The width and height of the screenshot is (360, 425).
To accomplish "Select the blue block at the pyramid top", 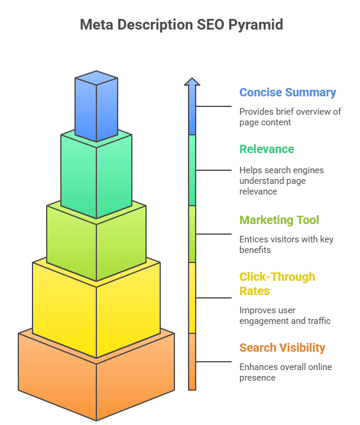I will click(96, 106).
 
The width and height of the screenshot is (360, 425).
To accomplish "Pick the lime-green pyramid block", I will click(96, 242).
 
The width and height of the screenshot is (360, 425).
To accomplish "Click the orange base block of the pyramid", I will click(96, 378).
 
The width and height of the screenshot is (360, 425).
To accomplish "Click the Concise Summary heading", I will click(287, 92).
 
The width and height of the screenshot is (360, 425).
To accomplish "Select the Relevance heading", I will click(267, 149).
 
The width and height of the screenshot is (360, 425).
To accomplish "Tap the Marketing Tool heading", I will click(279, 220).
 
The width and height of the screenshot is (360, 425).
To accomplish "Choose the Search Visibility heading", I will click(282, 348).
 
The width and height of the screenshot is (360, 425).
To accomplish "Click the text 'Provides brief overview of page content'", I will click(290, 116).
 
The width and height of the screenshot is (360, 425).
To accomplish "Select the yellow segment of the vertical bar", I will click(192, 297).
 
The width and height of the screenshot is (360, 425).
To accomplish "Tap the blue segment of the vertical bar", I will click(192, 112).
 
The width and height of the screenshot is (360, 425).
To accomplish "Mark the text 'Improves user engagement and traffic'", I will click(284, 315).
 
